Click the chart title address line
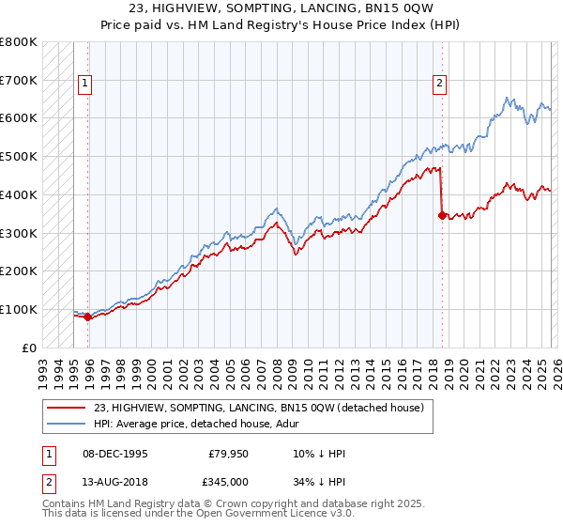click(281, 8)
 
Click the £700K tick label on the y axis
click(19, 80)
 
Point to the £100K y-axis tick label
click(19, 309)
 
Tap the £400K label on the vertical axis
click(19, 194)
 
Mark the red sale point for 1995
click(88, 317)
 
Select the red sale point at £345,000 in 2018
click(441, 215)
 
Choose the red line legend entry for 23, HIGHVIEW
click(259, 408)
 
